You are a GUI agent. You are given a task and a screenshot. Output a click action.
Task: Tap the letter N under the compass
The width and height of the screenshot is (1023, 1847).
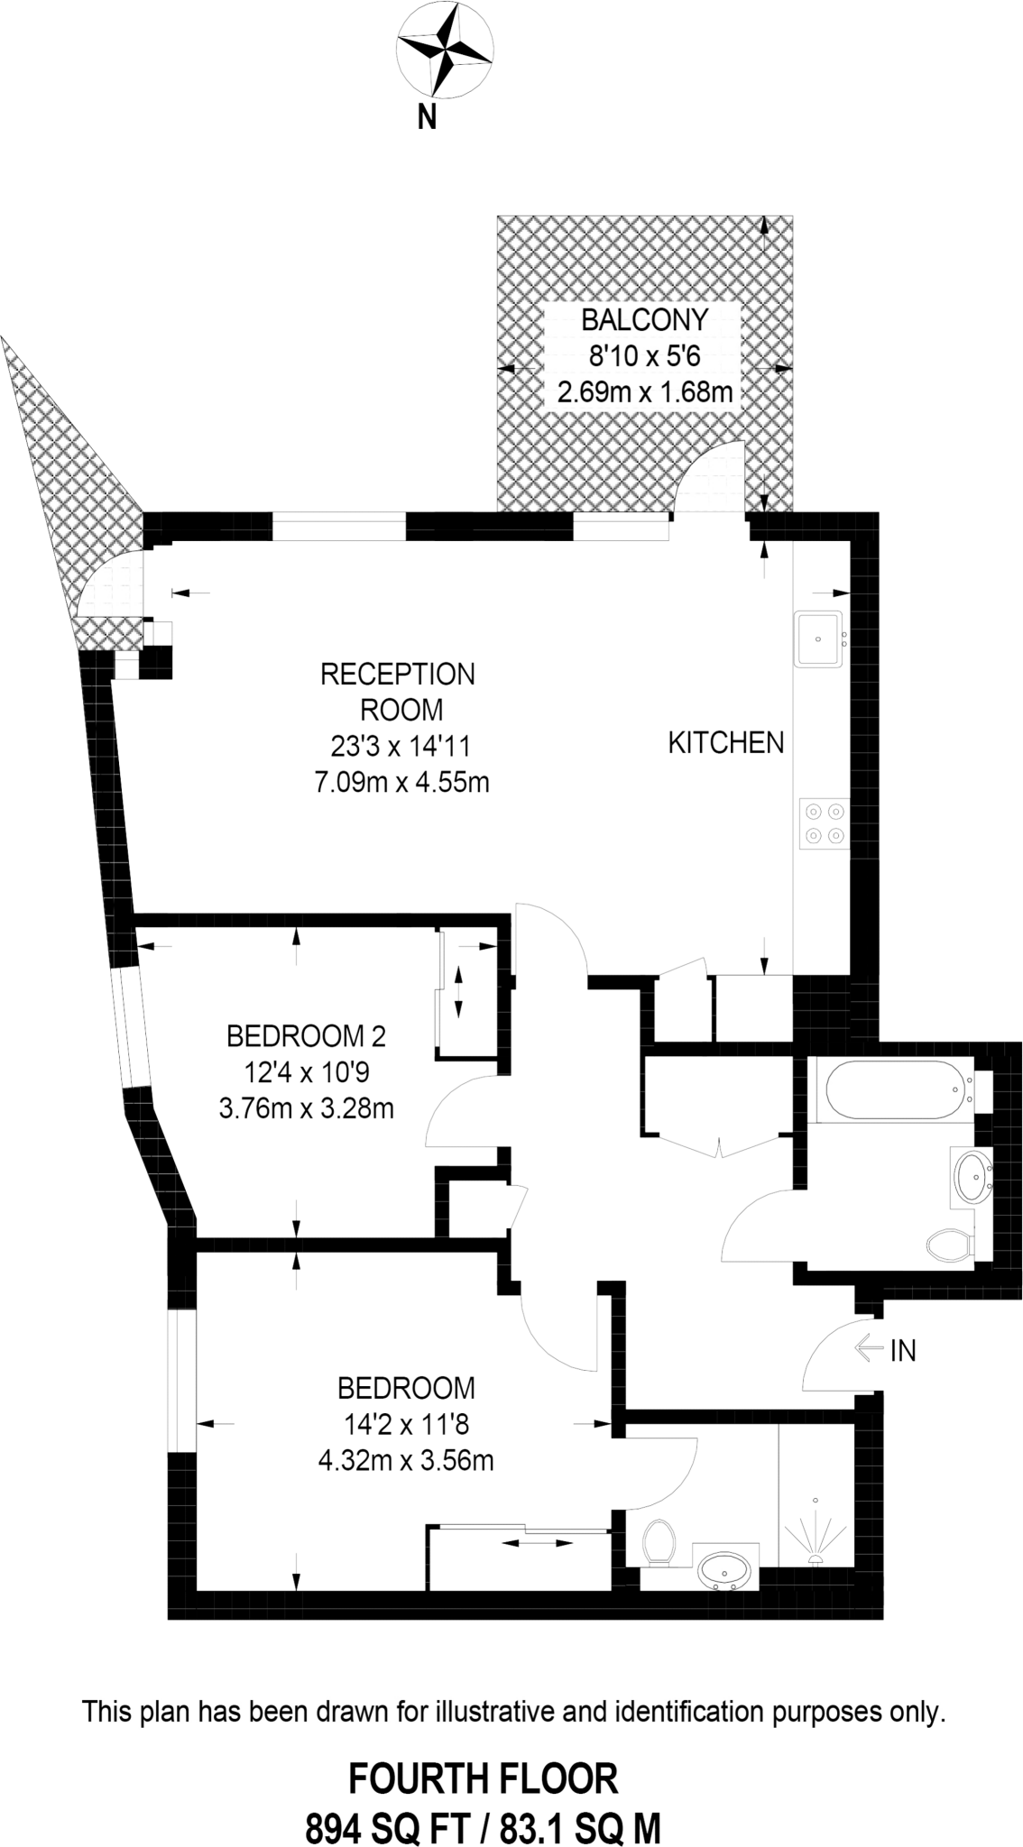[427, 116]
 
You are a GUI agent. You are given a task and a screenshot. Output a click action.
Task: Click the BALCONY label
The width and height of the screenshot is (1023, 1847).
[644, 320]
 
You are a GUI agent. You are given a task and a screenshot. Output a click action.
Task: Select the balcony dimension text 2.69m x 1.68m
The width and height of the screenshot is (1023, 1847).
[644, 392]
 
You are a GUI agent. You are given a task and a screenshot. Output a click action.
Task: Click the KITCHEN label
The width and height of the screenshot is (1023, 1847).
[725, 743]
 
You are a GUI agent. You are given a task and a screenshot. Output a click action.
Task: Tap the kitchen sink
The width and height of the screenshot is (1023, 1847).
[818, 639]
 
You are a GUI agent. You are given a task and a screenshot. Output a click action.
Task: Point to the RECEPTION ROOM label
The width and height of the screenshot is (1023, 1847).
[398, 692]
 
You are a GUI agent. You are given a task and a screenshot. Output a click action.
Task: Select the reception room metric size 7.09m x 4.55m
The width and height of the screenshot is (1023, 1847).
[401, 782]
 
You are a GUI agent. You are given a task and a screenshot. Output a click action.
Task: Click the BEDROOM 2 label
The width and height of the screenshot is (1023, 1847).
[306, 1036]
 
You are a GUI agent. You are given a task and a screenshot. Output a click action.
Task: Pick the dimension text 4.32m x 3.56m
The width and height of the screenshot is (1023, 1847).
[406, 1459]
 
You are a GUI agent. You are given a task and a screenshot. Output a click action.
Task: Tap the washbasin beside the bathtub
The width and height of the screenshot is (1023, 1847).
[972, 1174]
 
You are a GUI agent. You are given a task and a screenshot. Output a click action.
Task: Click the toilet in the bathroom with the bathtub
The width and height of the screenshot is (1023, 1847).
[950, 1245]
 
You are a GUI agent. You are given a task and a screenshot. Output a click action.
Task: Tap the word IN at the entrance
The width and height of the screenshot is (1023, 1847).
[902, 1350]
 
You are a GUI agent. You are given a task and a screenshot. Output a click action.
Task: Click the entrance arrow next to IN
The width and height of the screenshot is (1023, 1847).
[867, 1348]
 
